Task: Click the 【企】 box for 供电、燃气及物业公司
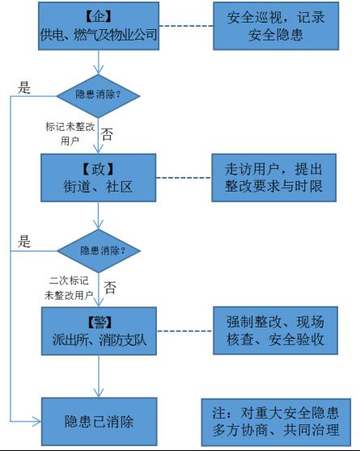(99, 26)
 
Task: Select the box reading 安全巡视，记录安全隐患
(276, 26)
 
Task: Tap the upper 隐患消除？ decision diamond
(98, 96)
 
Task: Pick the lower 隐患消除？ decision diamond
(99, 251)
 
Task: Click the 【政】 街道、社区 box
(98, 178)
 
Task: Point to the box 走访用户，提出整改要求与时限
(274, 178)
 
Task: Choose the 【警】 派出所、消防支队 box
(99, 331)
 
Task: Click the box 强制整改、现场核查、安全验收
(275, 331)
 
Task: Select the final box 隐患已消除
(99, 422)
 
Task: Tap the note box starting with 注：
(276, 422)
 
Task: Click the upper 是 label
(24, 87)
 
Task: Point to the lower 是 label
(24, 241)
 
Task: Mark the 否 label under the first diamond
(107, 134)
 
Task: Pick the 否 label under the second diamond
(110, 288)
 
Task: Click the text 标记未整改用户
(70, 133)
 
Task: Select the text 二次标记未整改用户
(69, 288)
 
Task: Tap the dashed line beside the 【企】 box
(186, 26)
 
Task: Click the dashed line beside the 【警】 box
(185, 331)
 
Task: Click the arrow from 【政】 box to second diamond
(98, 215)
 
